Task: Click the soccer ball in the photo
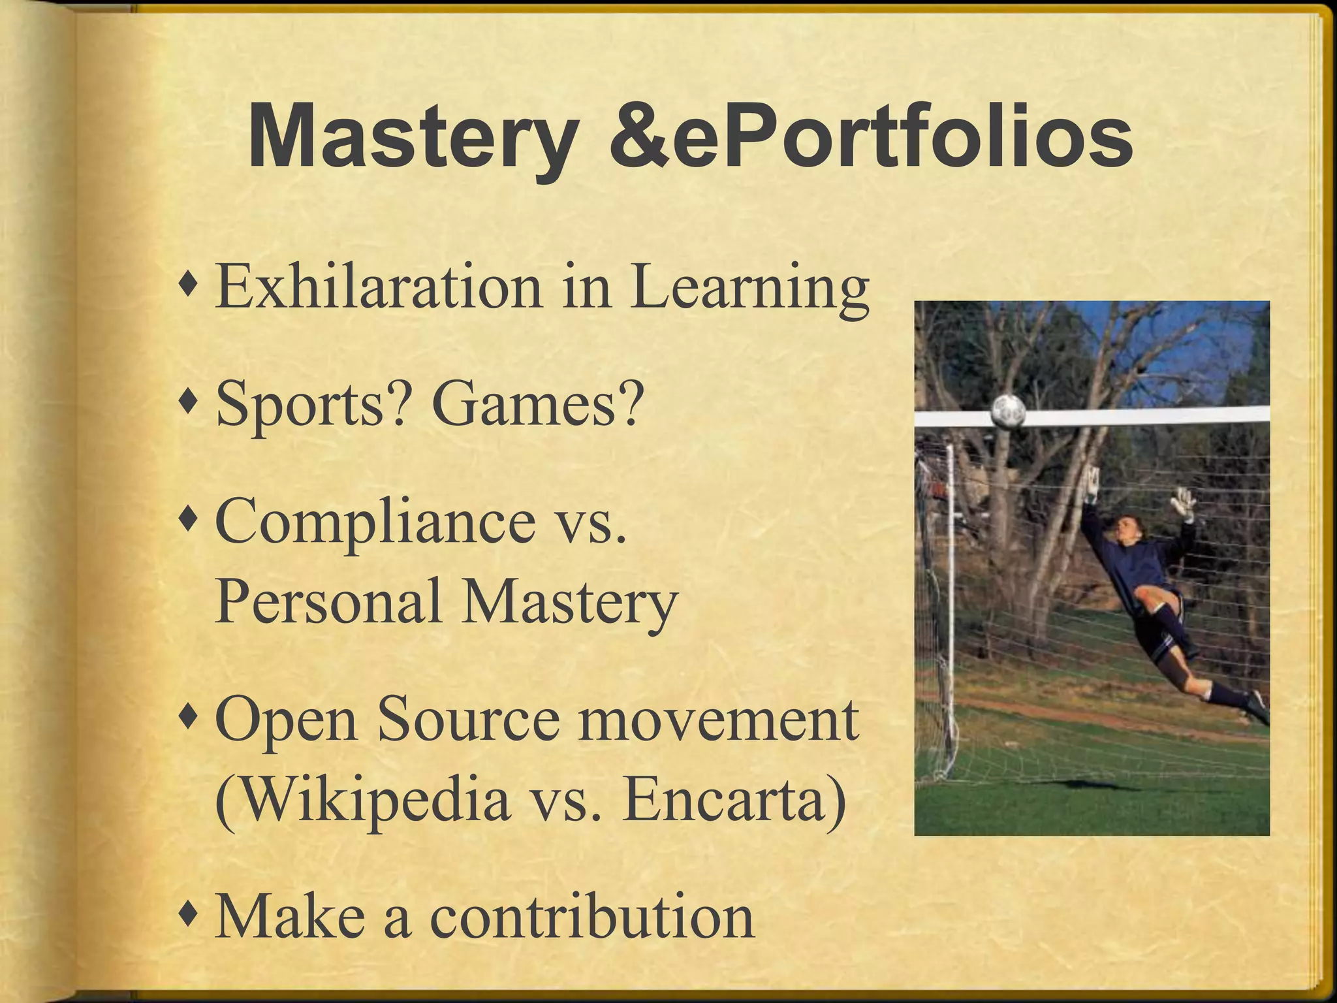[x=1009, y=411]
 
